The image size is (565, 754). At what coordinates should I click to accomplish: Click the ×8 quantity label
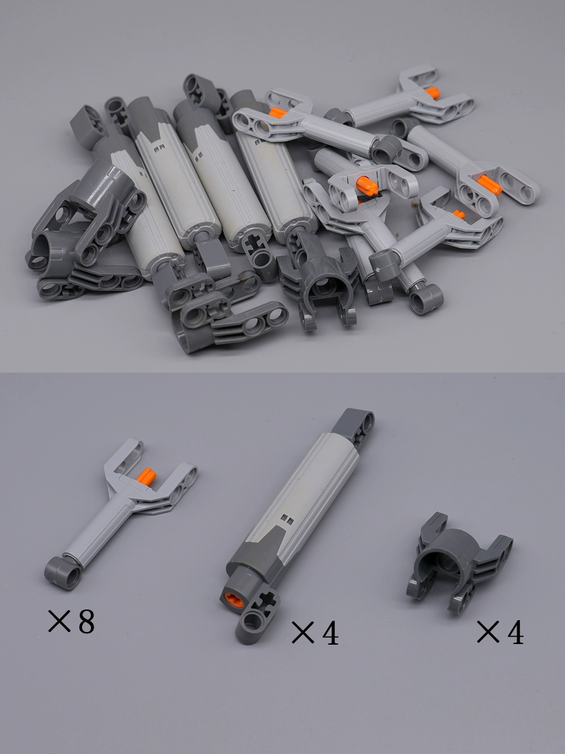click(x=71, y=621)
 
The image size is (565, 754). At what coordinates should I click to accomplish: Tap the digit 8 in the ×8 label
click(x=86, y=622)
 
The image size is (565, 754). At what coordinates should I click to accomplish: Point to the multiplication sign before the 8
click(x=59, y=621)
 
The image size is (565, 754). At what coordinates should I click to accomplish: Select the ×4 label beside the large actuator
click(x=315, y=632)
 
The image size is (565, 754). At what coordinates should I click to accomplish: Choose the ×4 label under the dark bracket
click(x=500, y=631)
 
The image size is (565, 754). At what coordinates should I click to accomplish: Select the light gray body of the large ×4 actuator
click(x=302, y=494)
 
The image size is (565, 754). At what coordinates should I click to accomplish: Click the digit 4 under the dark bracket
click(x=515, y=631)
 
